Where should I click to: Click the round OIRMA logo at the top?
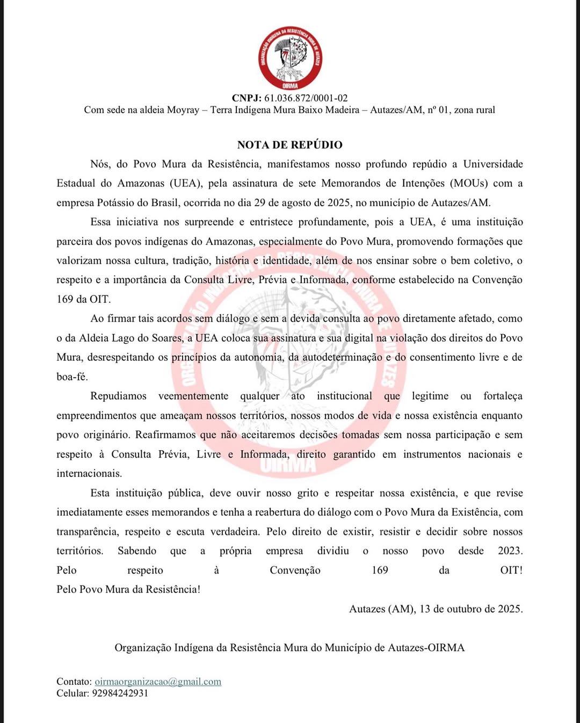click(x=290, y=57)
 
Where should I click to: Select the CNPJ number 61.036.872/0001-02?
click(x=306, y=98)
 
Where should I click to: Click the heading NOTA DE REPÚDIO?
click(x=289, y=144)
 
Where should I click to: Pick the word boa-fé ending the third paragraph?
click(x=72, y=377)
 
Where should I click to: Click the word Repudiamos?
click(x=118, y=396)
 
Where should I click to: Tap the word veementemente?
click(x=193, y=396)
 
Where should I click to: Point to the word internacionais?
click(x=89, y=473)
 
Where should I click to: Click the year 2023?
click(x=510, y=551)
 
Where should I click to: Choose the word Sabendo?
click(x=137, y=551)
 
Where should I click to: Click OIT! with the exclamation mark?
click(x=511, y=570)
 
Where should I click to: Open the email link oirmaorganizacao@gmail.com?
click(x=158, y=682)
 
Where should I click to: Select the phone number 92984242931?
click(x=120, y=693)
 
